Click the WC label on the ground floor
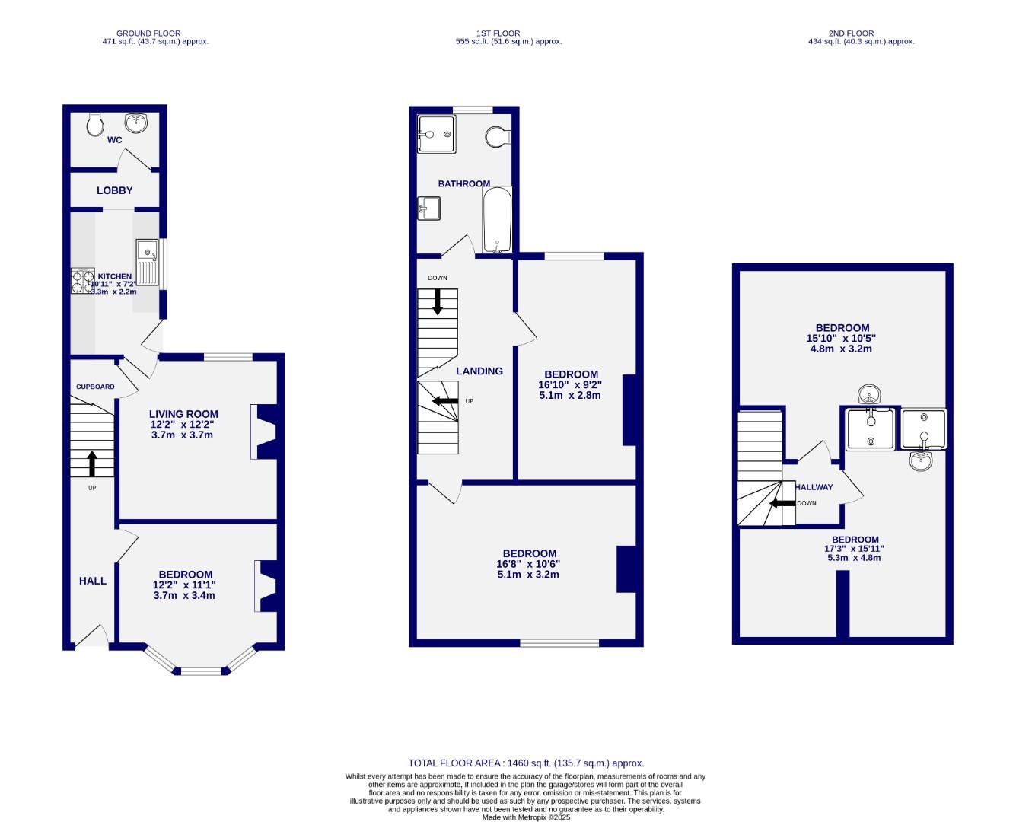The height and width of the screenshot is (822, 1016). click(x=114, y=140)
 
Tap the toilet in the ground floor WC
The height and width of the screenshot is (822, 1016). click(x=95, y=124)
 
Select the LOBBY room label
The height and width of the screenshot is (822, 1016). click(x=115, y=190)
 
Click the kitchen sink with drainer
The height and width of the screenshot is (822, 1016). click(x=146, y=262)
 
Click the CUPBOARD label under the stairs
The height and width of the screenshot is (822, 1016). click(x=95, y=387)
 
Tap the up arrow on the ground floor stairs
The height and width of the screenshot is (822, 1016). click(x=92, y=464)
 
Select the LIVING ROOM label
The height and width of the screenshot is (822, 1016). click(x=183, y=415)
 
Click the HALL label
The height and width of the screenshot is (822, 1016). click(x=93, y=581)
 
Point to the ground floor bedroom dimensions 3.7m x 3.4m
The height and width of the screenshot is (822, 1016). click(x=184, y=595)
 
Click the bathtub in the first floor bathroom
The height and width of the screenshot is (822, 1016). click(x=497, y=220)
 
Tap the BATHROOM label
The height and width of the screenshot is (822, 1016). click(x=463, y=183)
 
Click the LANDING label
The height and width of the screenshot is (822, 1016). click(x=479, y=371)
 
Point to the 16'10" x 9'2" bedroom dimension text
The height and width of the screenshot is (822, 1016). click(x=570, y=385)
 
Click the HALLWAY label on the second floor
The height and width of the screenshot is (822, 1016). click(x=814, y=487)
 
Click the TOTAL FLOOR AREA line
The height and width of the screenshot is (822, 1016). click(x=526, y=763)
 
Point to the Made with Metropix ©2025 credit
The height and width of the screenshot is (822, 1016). click(x=525, y=817)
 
